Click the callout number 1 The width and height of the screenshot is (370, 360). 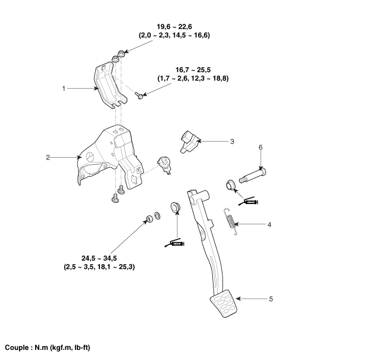click(x=64, y=87)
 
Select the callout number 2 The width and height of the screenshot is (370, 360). click(x=48, y=157)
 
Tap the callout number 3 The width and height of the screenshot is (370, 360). click(x=232, y=142)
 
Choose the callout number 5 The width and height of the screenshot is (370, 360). click(x=271, y=299)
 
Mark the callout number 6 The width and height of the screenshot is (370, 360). click(x=260, y=147)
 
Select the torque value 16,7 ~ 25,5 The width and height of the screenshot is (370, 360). click(x=193, y=69)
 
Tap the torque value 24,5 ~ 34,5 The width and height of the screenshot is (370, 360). click(x=99, y=258)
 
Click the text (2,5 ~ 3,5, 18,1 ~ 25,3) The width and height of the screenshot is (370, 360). click(x=99, y=268)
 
